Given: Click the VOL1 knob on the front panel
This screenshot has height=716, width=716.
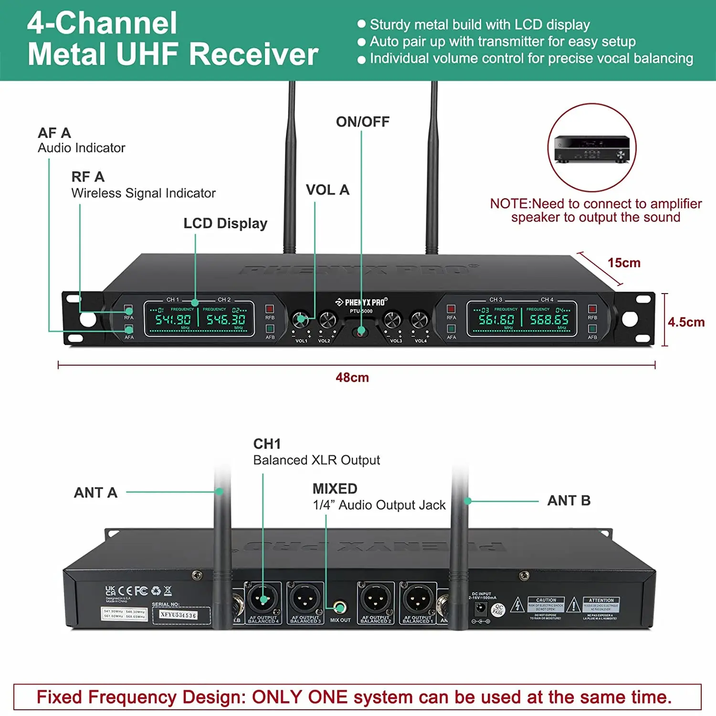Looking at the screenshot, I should tap(300, 319).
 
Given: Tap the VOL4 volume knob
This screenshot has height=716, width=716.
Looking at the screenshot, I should tap(420, 319).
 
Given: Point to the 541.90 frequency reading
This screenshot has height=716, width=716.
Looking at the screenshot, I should tap(173, 319).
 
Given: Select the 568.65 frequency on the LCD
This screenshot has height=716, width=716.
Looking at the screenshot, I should tap(549, 319).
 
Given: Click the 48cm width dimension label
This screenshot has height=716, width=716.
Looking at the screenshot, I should tap(352, 378).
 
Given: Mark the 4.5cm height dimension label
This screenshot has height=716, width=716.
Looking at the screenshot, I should tap(686, 322).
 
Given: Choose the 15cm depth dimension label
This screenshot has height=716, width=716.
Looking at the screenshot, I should tap(624, 263).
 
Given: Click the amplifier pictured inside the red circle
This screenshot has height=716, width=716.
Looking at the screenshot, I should tap(592, 149).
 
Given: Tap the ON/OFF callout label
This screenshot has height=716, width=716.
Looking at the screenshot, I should tap(363, 122).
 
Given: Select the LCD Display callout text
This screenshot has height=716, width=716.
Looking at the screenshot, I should tap(225, 223).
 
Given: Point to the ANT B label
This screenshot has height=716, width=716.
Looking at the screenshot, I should tap(569, 501).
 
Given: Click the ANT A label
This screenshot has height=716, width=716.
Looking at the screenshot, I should tap(95, 493).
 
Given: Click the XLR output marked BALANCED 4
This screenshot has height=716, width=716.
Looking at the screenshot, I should tap(263, 598).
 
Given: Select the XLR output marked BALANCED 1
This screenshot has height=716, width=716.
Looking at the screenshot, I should tap(418, 598).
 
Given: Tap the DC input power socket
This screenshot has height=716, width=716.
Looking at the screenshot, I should tap(480, 609).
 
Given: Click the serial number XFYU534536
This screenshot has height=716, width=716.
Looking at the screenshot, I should tap(178, 615).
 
